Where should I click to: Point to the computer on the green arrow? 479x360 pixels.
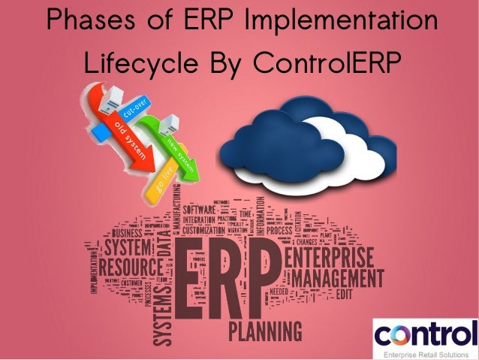pyautogui.click(x=167, y=122)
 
